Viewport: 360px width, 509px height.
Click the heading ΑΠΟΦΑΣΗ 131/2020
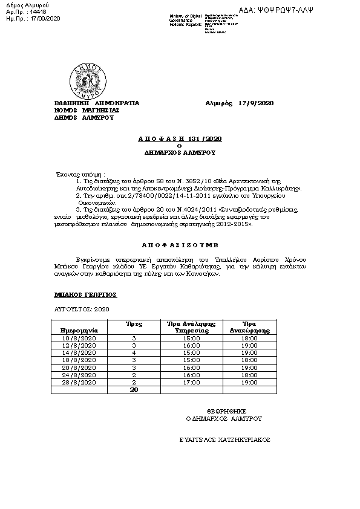pos(180,138)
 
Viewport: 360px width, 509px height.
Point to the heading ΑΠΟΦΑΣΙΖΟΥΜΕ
pos(180,247)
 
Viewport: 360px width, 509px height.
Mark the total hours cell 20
pos(134,390)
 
